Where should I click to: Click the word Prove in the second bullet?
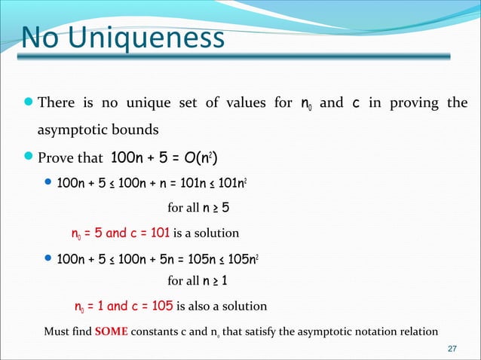[x=57, y=157]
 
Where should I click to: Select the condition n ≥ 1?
[x=217, y=282]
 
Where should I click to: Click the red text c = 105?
[x=153, y=306]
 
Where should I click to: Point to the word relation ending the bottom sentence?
[x=415, y=331]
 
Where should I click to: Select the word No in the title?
[x=37, y=38]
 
